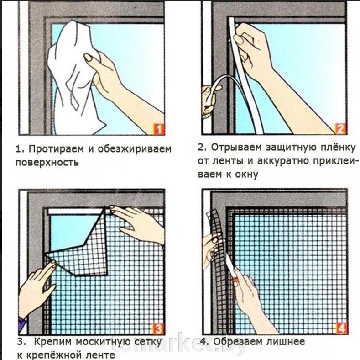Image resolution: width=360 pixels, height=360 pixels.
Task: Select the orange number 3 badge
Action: [x=158, y=329]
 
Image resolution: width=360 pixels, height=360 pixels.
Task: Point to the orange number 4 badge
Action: [x=341, y=328]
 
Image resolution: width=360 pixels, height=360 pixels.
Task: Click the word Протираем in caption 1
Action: [x=56, y=149]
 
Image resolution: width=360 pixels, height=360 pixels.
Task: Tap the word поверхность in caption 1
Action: [x=47, y=163]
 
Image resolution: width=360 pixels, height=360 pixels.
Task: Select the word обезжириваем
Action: [x=135, y=149]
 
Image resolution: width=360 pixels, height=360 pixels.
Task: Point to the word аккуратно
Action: [x=282, y=161]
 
